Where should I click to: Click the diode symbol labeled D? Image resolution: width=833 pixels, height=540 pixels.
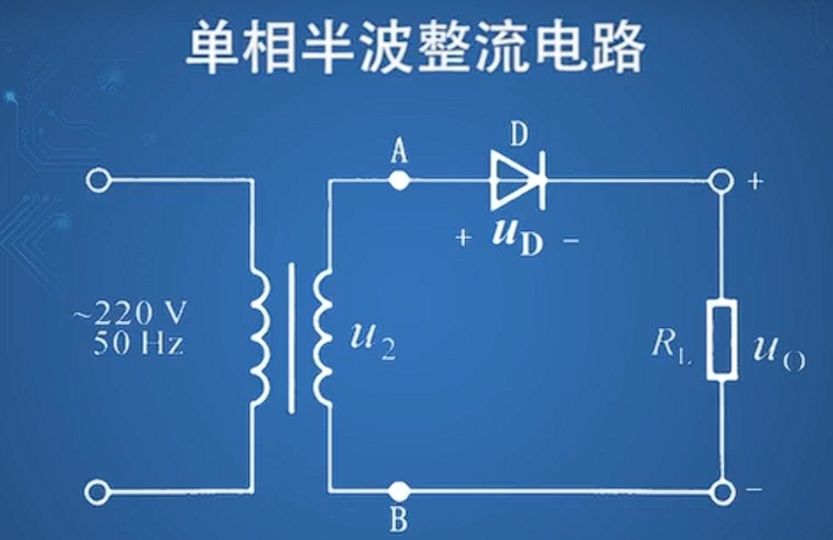click(517, 181)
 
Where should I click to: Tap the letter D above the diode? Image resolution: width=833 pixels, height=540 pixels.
click(518, 136)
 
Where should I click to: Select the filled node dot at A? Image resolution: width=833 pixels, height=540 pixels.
click(399, 181)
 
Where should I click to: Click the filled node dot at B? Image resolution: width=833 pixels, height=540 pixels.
click(399, 491)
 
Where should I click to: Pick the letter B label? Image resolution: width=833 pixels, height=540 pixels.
click(399, 520)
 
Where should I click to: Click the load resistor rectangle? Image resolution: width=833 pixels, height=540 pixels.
click(722, 340)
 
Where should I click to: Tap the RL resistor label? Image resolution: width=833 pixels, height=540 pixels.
click(669, 345)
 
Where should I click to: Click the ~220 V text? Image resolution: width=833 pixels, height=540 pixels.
click(131, 315)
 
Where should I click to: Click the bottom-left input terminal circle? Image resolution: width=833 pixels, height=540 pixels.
click(97, 491)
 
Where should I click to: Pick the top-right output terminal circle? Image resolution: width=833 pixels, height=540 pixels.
click(722, 181)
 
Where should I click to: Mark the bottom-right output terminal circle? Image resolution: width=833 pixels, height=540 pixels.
click(722, 491)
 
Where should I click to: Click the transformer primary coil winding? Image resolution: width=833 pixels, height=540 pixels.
click(260, 338)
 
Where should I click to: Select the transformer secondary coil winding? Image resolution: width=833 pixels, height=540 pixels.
click(322, 338)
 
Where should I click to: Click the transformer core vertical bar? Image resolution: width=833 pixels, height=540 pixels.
click(292, 338)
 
